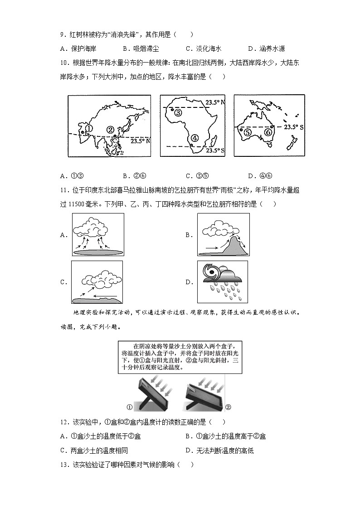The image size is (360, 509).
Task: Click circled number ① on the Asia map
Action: tap(89, 129)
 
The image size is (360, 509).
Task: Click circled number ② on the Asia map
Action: tap(110, 130)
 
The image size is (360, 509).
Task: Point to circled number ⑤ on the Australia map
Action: tap(247, 132)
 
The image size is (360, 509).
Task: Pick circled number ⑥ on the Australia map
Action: tap(268, 132)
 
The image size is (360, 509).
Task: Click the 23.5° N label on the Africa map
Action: tap(215, 102)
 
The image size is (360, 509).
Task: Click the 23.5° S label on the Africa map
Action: tap(215, 150)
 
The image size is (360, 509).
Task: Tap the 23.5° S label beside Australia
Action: tap(294, 127)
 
